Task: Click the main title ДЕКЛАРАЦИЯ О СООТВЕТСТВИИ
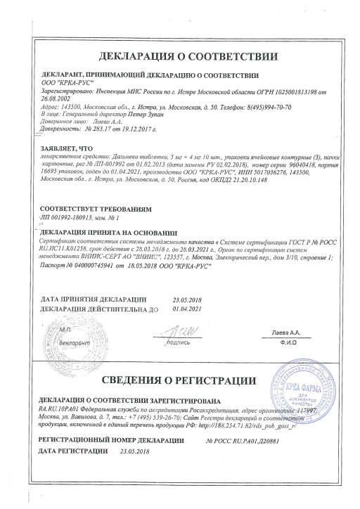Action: [180, 56]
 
